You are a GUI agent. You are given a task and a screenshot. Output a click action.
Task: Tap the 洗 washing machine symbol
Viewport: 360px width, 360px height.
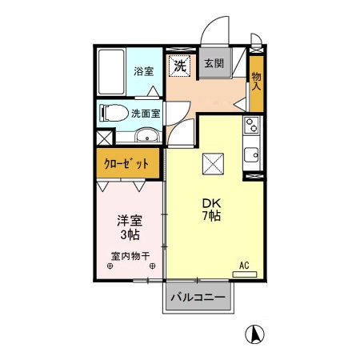(x=180, y=65)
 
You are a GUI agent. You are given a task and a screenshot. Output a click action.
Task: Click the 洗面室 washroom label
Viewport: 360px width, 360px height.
(x=146, y=114)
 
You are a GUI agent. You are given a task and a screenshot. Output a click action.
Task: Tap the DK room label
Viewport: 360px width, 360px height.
(x=211, y=202)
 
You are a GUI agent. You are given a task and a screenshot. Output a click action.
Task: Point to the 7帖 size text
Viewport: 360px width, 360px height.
(x=211, y=216)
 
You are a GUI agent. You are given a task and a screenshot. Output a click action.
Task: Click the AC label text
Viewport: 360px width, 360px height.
(x=244, y=264)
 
